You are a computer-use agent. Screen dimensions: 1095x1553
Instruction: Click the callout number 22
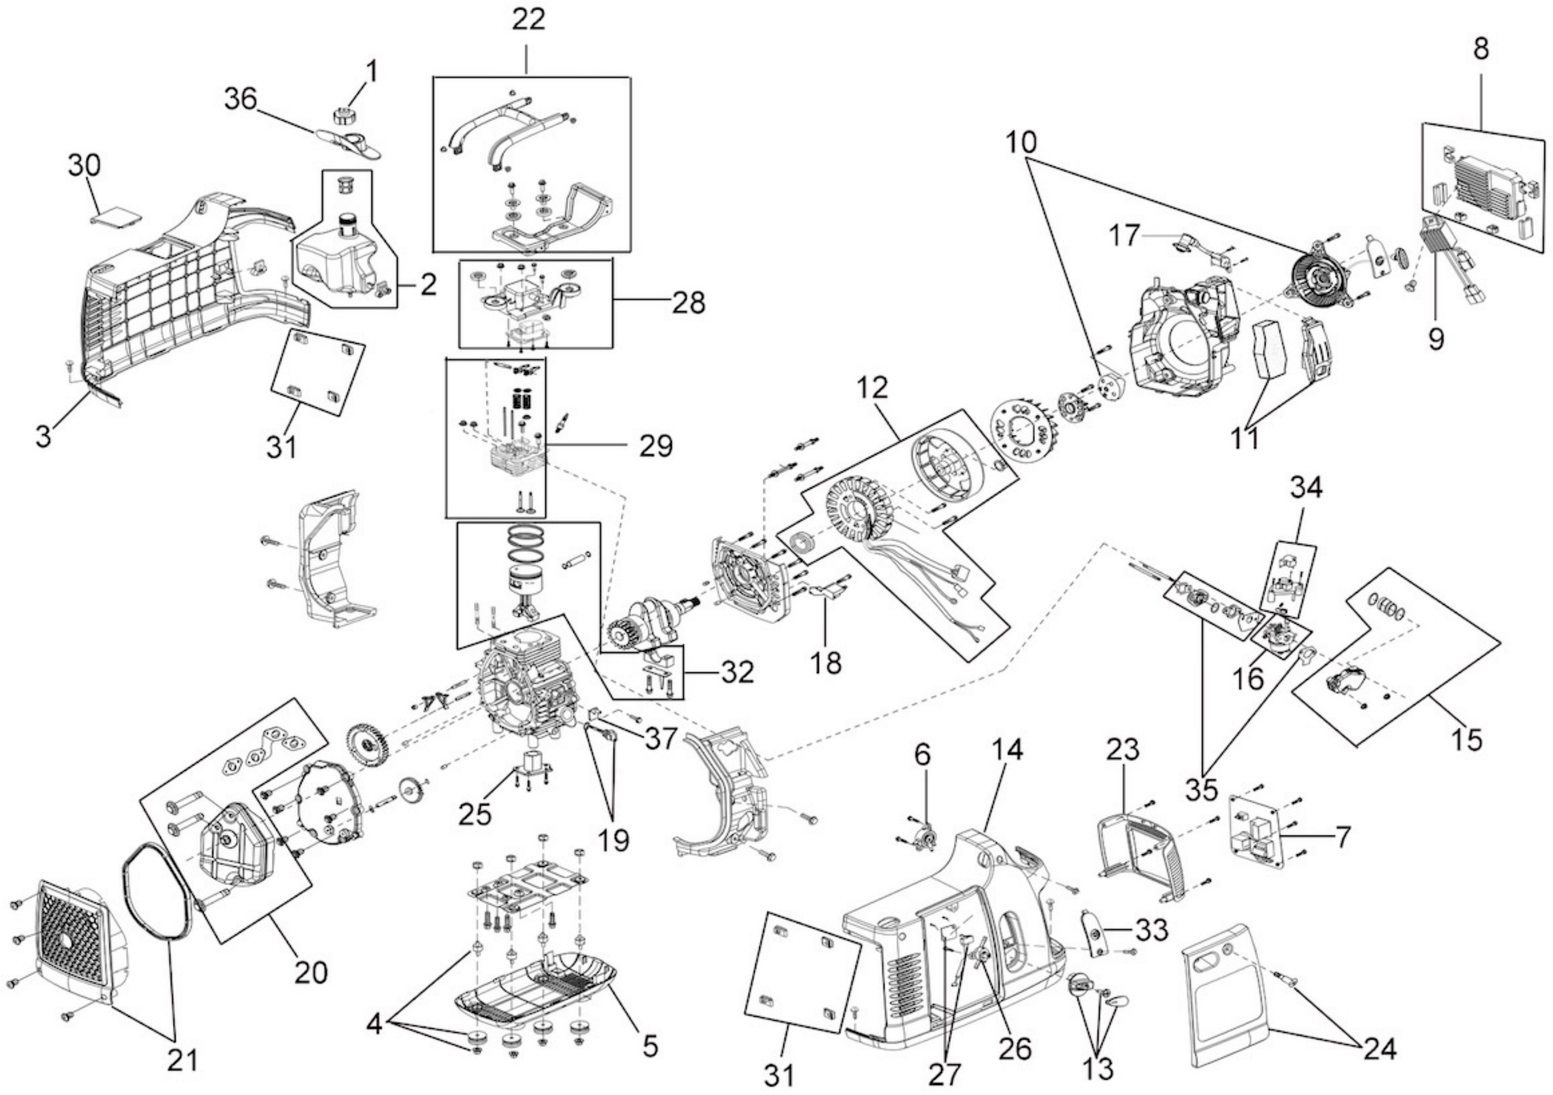click(x=528, y=19)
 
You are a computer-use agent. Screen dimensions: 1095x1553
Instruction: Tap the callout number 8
click(x=1481, y=49)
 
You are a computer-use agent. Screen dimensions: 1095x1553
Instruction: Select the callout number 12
click(x=871, y=388)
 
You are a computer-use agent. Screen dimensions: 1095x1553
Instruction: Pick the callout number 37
click(x=660, y=738)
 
